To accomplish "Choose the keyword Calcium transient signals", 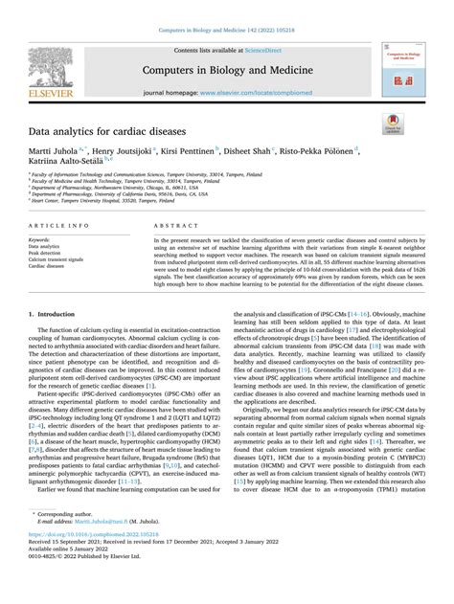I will pyautogui.click(x=62, y=258).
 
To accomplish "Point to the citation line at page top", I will pyautogui.click(x=226, y=9).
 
